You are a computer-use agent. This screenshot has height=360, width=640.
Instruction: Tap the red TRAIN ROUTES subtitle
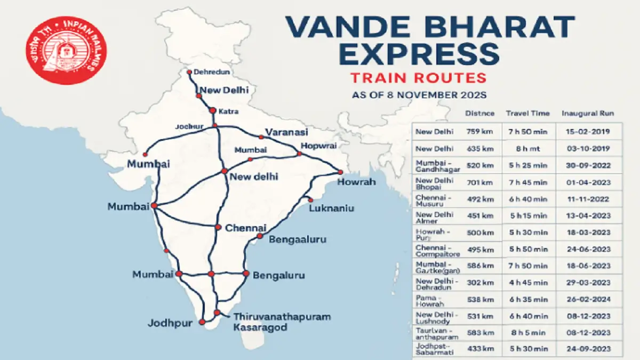(x=419, y=78)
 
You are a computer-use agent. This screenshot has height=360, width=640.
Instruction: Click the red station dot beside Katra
(x=212, y=111)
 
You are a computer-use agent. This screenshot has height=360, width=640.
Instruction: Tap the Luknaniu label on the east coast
(x=331, y=208)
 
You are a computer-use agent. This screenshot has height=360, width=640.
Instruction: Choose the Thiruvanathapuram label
(x=282, y=317)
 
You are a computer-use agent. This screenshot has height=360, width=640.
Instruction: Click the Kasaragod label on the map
(x=260, y=327)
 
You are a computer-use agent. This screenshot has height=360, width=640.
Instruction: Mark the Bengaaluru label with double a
(x=297, y=239)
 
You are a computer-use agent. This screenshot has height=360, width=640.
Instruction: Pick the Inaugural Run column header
(x=587, y=114)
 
